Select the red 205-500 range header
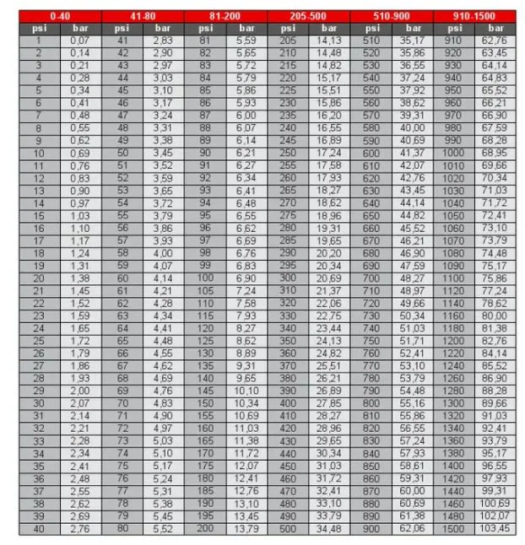[x=309, y=16]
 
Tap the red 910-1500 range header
[x=474, y=16]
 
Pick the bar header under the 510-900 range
[x=411, y=28]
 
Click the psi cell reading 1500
[x=454, y=529]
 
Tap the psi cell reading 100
[x=205, y=278]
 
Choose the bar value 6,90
[x=246, y=278]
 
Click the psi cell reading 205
[x=288, y=40]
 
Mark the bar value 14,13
[x=329, y=40]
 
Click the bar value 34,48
[x=329, y=529]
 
